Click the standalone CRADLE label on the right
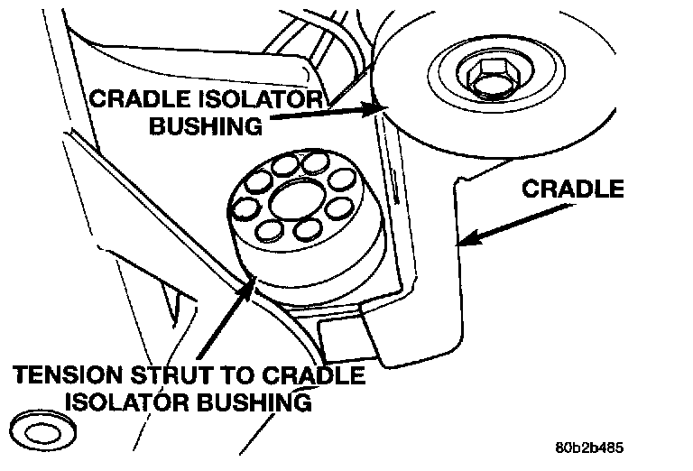tap(573, 189)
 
